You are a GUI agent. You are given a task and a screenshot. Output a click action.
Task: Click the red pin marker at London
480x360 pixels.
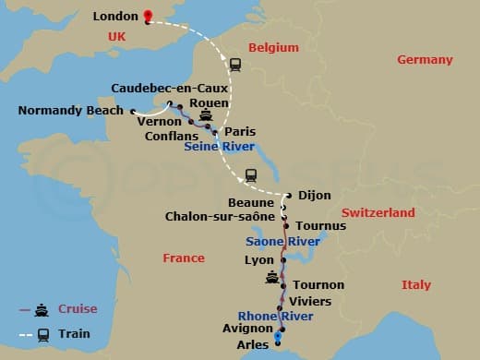point(148,16)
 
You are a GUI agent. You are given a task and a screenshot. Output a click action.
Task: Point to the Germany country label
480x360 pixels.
point(425,60)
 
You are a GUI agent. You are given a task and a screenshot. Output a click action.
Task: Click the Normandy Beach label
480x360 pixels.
point(70,111)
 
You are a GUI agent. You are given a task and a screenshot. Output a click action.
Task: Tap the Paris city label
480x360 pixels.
point(240,132)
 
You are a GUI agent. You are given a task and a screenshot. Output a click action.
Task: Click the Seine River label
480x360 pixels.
point(220,147)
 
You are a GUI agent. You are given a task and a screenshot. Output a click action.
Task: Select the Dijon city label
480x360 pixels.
point(314,195)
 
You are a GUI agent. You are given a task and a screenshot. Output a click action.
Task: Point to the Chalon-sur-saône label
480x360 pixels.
point(219,216)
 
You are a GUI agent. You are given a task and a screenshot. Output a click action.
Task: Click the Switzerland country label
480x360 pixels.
point(378,212)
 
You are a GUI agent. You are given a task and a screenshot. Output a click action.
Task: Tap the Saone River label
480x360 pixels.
point(282,241)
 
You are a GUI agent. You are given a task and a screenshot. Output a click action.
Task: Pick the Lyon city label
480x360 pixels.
point(258,260)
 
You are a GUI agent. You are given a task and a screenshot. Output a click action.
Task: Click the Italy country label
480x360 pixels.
point(415,285)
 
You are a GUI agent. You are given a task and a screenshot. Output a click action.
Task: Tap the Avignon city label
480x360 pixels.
point(248,328)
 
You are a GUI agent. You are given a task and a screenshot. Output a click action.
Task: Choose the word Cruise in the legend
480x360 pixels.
point(78,308)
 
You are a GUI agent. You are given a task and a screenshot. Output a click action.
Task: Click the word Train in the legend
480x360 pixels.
point(75,333)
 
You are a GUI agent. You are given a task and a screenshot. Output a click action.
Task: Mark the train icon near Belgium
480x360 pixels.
point(234,64)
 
